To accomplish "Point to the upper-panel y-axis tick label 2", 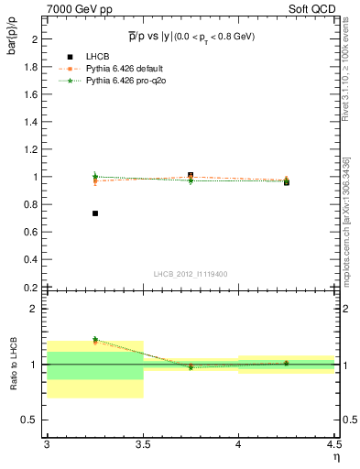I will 33,39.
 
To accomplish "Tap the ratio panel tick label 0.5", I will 29,420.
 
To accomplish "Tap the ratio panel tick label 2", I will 33,310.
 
